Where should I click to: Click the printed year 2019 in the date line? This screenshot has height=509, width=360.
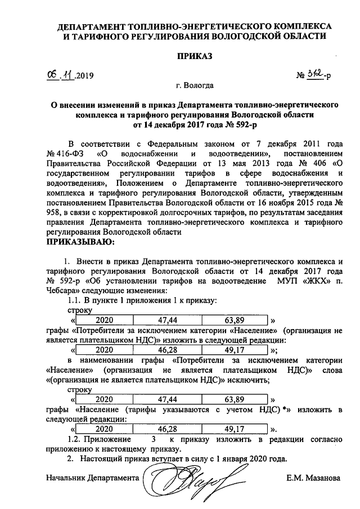click(84, 75)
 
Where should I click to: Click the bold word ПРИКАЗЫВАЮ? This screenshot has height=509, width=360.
click(79, 242)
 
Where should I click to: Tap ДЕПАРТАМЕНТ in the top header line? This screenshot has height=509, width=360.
click(93, 26)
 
